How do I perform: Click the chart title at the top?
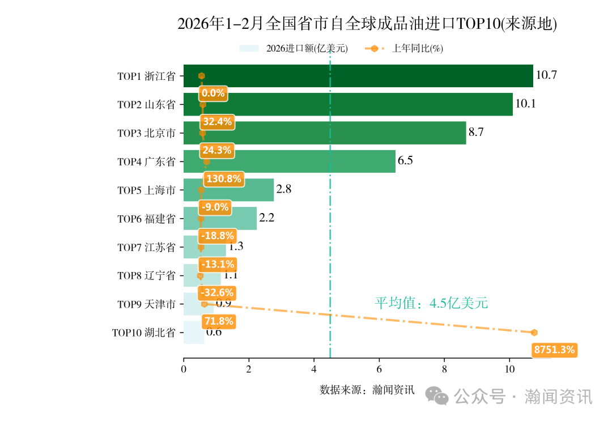coord(367,24)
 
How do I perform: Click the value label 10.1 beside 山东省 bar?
coord(525,104)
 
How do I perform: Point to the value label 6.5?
coord(405,161)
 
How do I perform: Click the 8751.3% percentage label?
coord(555,350)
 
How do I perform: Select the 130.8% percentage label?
coord(223,179)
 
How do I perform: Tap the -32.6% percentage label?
coord(218,293)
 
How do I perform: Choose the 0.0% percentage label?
coord(213,93)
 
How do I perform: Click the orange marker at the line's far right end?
coord(534,333)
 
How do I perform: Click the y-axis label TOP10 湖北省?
coord(143,333)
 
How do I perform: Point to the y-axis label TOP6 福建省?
coord(146,219)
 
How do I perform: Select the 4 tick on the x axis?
coord(314,369)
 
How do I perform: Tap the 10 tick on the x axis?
coord(509,369)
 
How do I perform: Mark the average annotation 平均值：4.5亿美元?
coord(431,303)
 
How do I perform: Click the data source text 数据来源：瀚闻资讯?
coord(367,390)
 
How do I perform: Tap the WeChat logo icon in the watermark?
coord(437,396)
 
